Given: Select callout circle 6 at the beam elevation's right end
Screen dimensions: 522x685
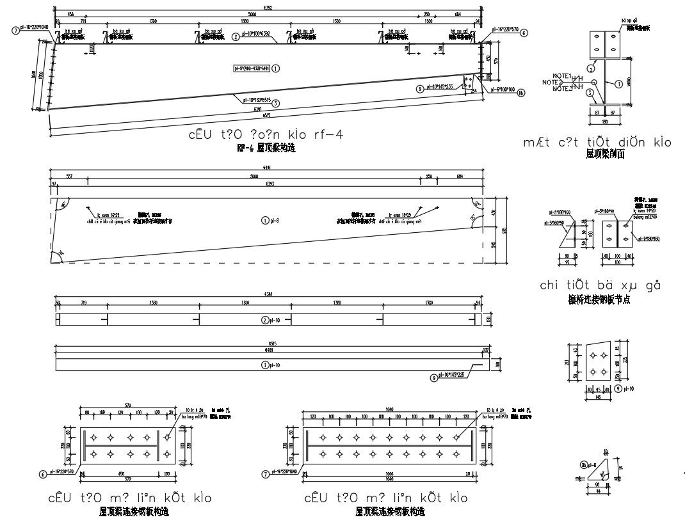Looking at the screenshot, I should click(x=524, y=33).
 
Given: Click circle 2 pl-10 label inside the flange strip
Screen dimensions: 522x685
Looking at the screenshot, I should click(x=268, y=320).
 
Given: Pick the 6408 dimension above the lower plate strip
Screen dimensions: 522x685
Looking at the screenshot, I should click(x=266, y=351).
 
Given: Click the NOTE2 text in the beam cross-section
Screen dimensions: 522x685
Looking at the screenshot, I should click(x=551, y=82).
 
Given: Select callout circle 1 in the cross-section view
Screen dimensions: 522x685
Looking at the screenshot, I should click(x=618, y=83).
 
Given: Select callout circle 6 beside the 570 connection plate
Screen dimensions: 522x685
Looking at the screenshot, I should click(x=42, y=474).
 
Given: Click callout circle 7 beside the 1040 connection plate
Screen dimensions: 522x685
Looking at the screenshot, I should click(x=265, y=474).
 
